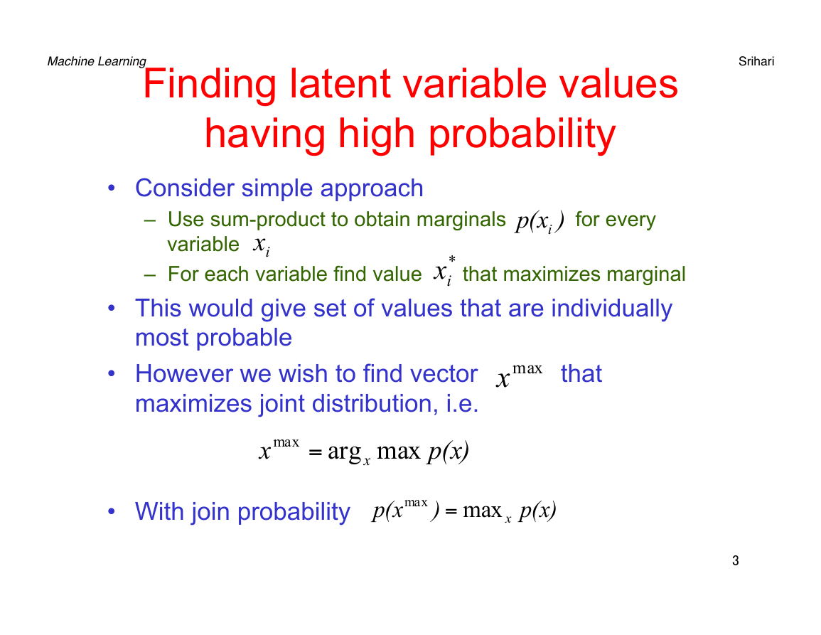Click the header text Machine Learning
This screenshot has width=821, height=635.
pyautogui.click(x=97, y=62)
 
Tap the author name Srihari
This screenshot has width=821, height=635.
pyautogui.click(x=756, y=61)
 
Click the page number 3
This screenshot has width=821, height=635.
pyautogui.click(x=736, y=560)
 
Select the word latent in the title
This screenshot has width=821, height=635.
pyautogui.click(x=340, y=83)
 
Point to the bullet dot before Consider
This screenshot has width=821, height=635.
pyautogui.click(x=111, y=188)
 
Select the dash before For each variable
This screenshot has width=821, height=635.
pyautogui.click(x=150, y=274)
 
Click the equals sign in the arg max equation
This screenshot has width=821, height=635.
pyautogui.click(x=315, y=452)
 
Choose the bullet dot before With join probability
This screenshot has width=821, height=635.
pyautogui.click(x=111, y=511)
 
